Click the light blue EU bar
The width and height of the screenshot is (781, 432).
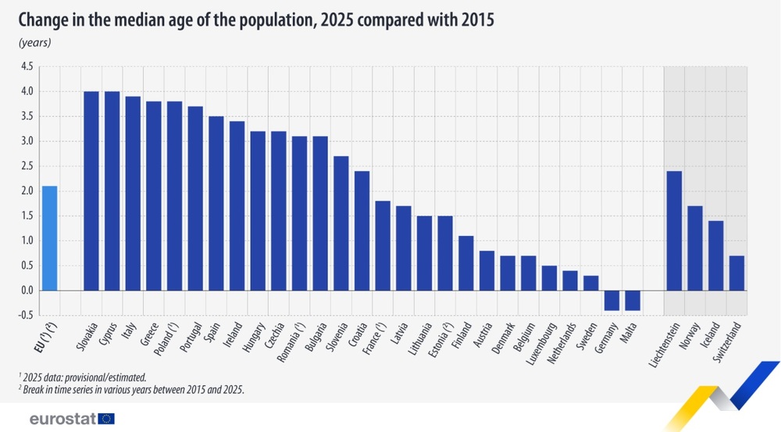49,238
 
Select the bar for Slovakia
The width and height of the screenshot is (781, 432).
91,191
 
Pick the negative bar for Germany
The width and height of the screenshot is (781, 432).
612,300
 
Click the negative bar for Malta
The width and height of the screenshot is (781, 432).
633,300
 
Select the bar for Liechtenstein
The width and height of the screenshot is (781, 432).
674,230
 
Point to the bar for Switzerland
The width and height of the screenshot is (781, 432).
736,273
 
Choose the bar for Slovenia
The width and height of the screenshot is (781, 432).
341,223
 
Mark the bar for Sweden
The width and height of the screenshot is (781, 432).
590,283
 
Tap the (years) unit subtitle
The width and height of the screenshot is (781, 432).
34,42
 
